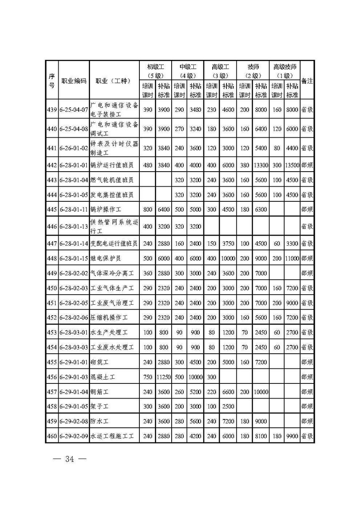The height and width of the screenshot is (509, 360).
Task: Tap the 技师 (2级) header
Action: coord(253,71)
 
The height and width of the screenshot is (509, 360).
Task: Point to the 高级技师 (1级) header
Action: coord(285,71)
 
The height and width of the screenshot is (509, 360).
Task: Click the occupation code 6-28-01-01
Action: coord(74,165)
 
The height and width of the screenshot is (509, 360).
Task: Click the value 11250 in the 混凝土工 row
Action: coord(164,377)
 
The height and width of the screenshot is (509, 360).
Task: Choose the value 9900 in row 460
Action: coord(292,436)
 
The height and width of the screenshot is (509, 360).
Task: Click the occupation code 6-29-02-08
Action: coord(74,421)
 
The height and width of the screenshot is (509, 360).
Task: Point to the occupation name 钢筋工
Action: coord(100,392)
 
